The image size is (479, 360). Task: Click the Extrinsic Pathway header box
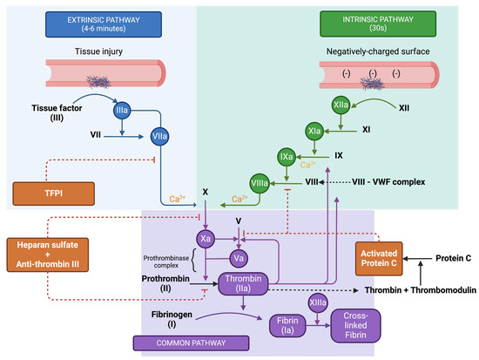(104, 24)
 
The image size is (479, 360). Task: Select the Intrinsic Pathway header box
(378, 24)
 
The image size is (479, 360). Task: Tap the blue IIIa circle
(122, 110)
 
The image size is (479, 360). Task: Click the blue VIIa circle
(159, 136)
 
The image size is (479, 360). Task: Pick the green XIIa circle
(341, 105)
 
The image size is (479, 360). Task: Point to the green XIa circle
(314, 132)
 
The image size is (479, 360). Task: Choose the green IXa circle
(287, 157)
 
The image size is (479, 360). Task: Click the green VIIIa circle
(260, 184)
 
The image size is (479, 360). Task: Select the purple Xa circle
(206, 239)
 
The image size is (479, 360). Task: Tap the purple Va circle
(239, 259)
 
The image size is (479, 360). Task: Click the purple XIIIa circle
(318, 302)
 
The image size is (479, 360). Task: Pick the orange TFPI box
(53, 194)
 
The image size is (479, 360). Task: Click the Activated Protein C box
(379, 259)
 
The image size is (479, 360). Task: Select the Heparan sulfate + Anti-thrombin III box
(48, 255)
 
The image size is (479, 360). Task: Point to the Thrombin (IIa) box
(243, 284)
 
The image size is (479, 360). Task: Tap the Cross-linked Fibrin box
(355, 325)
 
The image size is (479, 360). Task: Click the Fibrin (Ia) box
(287, 326)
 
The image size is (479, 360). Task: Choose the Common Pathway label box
(191, 343)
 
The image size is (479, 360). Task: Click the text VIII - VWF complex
(388, 182)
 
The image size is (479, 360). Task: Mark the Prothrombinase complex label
(166, 262)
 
